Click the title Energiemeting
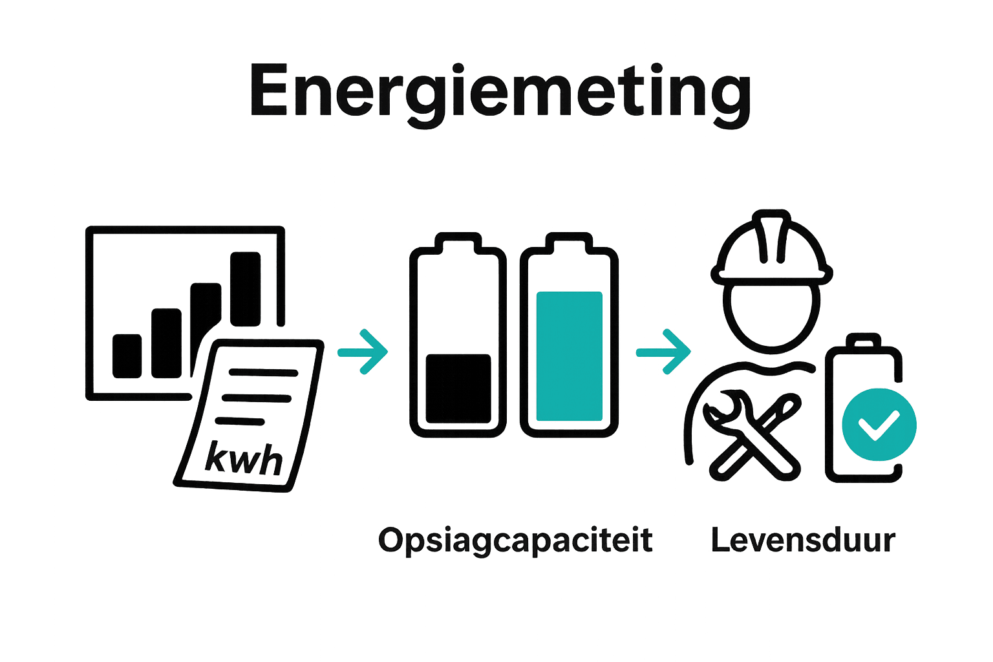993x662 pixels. point(500,95)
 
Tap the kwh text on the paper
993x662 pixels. point(243,458)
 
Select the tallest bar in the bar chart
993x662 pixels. point(245,288)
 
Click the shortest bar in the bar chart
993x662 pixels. point(127,356)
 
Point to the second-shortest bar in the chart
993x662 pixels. point(166,343)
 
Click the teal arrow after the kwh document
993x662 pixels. point(363,352)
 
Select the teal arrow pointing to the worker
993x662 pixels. point(663,352)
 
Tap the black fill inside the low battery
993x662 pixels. point(458,389)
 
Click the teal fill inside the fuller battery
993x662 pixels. point(569,356)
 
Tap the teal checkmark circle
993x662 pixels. point(879,424)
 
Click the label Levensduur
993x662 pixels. point(803,540)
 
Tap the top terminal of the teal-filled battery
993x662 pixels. point(569,243)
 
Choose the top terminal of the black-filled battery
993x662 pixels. point(458,243)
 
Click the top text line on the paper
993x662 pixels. point(263,372)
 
